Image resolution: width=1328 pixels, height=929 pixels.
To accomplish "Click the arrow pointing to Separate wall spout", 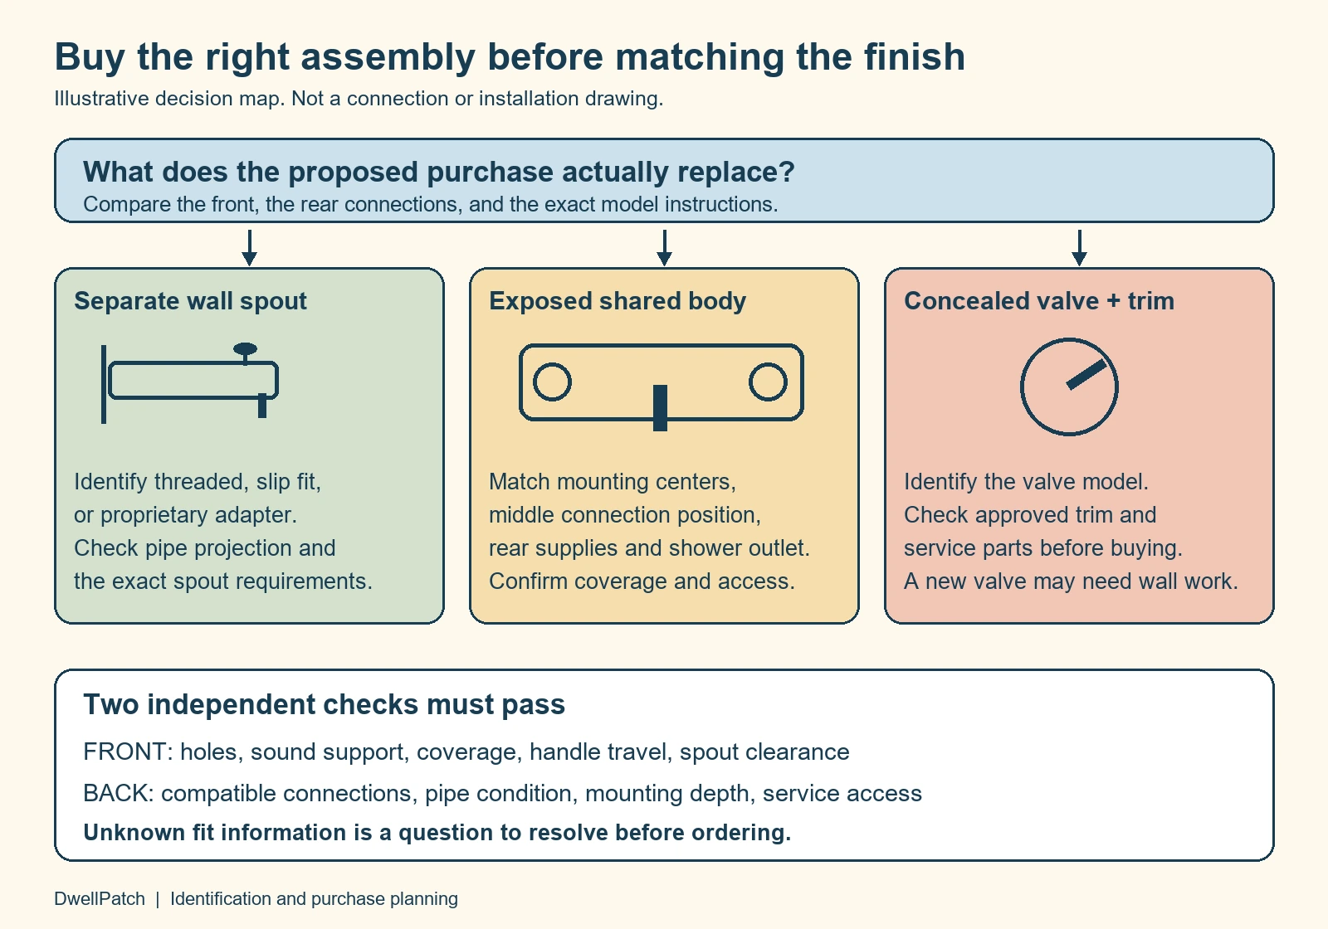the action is (x=250, y=248).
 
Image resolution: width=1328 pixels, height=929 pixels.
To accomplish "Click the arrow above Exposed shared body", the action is (x=665, y=248).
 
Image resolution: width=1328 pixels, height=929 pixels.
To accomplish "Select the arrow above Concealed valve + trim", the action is (x=1080, y=248).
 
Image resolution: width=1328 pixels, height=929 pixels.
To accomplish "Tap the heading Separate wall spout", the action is (x=190, y=301).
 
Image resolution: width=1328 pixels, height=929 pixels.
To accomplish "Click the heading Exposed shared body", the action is (x=618, y=301).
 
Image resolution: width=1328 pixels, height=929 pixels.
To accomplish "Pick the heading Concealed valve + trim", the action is (x=1038, y=301).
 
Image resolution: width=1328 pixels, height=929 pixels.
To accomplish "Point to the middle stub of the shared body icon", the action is (x=660, y=407).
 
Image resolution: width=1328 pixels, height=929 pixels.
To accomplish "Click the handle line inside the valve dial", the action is (x=1086, y=374).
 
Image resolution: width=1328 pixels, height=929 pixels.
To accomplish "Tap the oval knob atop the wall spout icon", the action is (x=245, y=349).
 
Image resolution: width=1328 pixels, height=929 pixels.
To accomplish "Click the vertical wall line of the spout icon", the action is (x=104, y=384).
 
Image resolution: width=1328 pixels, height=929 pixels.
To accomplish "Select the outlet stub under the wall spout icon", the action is (x=262, y=406).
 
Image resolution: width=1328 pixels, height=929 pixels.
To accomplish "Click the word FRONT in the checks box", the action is (x=124, y=751).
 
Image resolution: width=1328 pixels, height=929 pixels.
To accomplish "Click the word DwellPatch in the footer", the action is (x=100, y=899).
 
